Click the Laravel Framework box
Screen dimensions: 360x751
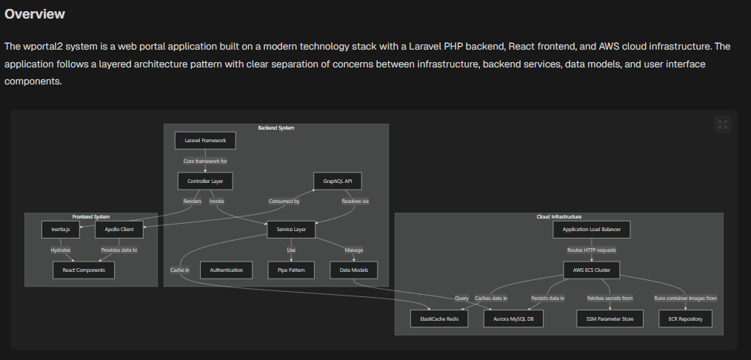[205, 140]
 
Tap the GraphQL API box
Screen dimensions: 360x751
[337, 181]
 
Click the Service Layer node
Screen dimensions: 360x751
[291, 230]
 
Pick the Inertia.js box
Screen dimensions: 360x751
[61, 230]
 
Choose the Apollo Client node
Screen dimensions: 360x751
[119, 230]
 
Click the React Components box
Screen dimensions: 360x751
[84, 270]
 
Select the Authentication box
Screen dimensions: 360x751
[226, 270]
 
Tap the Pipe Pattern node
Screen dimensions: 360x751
[291, 270]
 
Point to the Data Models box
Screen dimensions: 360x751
[353, 270]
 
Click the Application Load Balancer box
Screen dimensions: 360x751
[591, 230]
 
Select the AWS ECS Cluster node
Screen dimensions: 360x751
[591, 270]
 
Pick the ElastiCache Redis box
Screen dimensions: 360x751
[439, 319]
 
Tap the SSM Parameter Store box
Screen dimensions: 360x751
[610, 319]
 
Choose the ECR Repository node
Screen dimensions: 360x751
[685, 319]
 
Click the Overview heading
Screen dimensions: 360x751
[35, 14]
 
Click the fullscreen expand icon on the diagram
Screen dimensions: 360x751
[723, 124]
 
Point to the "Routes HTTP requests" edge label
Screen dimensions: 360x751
[591, 250]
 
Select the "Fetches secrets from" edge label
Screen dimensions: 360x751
[610, 298]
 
